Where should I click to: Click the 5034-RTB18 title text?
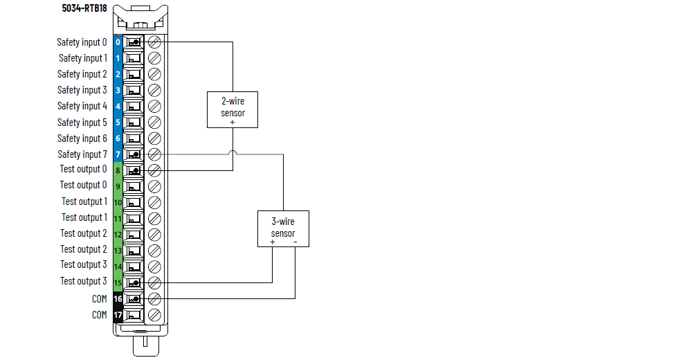(x=84, y=8)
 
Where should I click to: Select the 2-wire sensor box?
(x=233, y=109)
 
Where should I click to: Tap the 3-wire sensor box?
(x=283, y=228)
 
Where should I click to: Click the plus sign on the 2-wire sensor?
(x=233, y=122)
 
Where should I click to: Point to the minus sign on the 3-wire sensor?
(x=295, y=242)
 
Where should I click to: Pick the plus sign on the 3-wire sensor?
(x=272, y=242)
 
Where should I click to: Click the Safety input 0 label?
(x=82, y=42)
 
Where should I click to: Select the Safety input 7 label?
(x=82, y=154)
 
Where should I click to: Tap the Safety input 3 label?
(x=82, y=90)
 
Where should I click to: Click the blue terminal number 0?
(x=118, y=42)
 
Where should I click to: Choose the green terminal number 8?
(x=118, y=170)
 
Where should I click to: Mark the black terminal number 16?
(x=118, y=299)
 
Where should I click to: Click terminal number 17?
(x=118, y=315)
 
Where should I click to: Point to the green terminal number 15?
(x=118, y=282)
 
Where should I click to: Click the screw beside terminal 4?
(x=155, y=107)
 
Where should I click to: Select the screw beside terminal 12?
(x=155, y=234)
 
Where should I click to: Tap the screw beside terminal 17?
(x=155, y=315)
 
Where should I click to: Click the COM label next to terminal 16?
(x=100, y=299)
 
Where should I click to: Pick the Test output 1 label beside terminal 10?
(x=84, y=201)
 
